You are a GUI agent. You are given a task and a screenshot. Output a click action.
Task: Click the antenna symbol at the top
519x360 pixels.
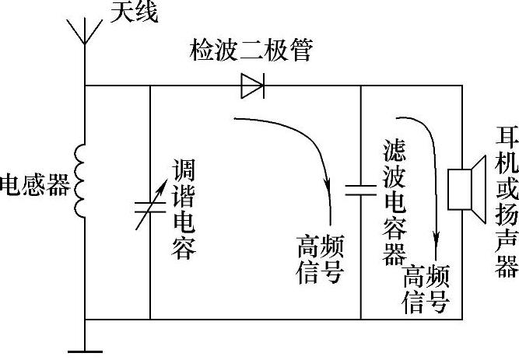(x=84, y=31)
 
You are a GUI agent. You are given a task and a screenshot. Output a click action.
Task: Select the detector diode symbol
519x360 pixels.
(x=252, y=86)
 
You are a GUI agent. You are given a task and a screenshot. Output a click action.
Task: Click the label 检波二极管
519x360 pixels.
(x=252, y=52)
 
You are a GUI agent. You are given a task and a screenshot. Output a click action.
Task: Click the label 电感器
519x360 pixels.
(x=35, y=185)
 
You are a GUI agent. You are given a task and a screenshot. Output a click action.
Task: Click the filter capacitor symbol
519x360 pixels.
(x=361, y=189)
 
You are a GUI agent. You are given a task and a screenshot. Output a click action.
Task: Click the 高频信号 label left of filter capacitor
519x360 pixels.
(x=319, y=248)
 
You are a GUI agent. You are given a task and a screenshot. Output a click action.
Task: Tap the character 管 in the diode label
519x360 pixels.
(x=302, y=52)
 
